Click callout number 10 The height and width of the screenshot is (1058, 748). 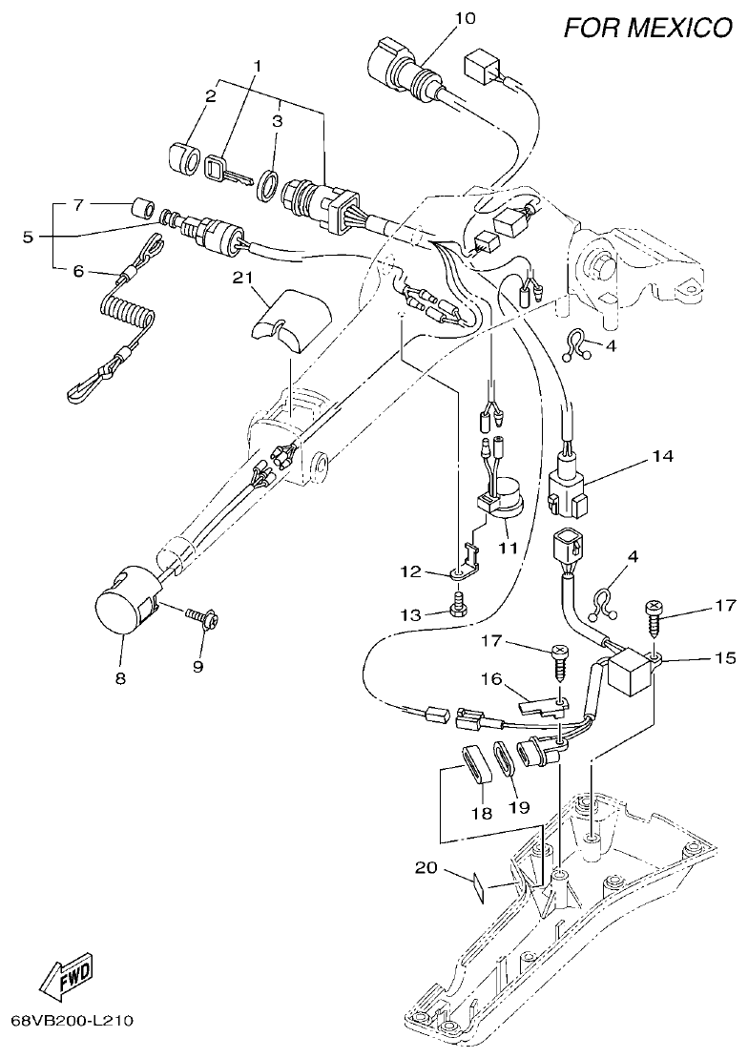point(464,18)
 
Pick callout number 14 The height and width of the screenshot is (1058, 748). point(662,456)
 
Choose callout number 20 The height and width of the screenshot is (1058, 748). point(426,867)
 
